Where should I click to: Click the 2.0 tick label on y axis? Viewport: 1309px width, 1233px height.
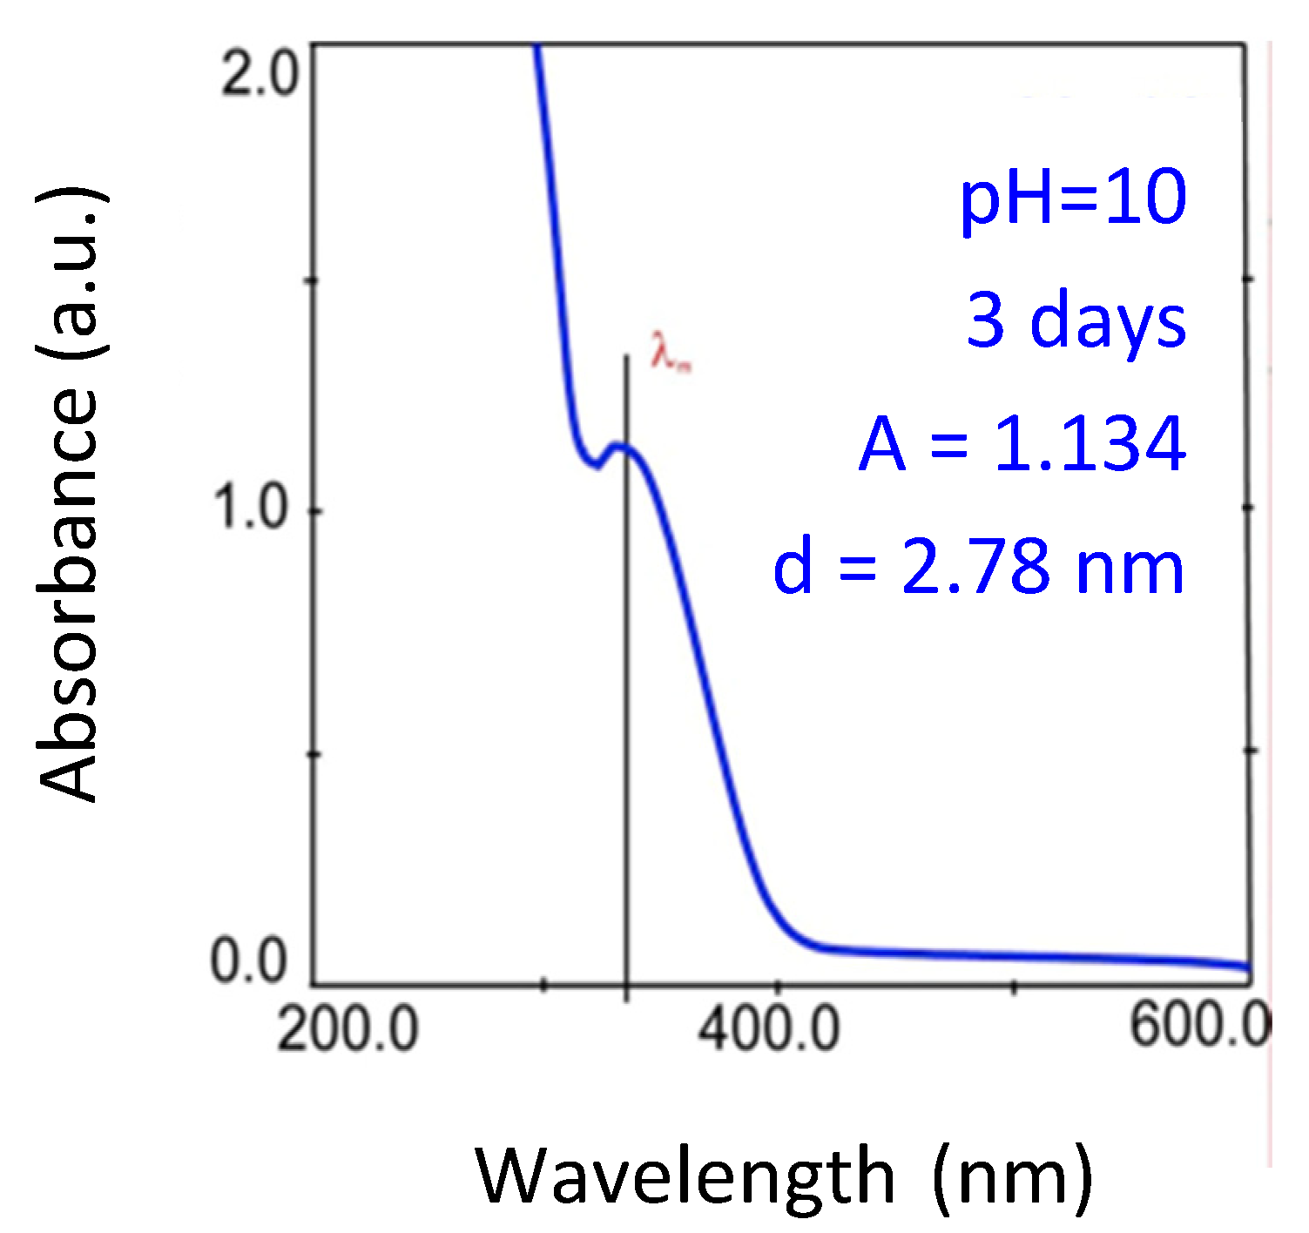(x=259, y=74)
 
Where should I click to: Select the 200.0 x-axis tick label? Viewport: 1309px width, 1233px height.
(x=347, y=1029)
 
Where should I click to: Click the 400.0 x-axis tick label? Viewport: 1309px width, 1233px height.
(x=769, y=1029)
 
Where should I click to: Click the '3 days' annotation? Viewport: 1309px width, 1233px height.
(x=1076, y=320)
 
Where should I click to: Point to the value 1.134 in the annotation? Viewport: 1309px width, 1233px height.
(x=1090, y=444)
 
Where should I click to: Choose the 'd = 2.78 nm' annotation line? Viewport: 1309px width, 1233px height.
(x=978, y=567)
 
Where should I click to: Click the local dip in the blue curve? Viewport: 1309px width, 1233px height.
(x=596, y=464)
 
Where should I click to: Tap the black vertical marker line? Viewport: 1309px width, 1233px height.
(x=626, y=697)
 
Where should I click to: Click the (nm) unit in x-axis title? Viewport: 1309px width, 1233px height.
(x=1011, y=1176)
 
